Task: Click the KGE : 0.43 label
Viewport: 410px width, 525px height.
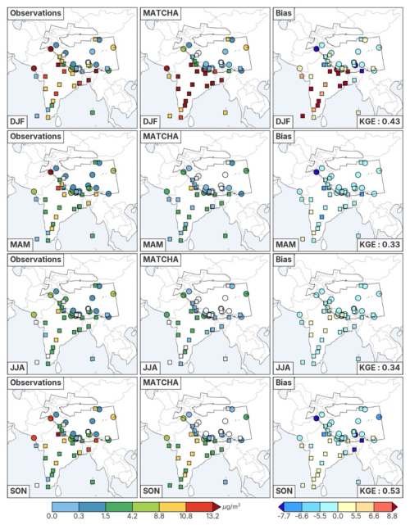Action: (x=380, y=121)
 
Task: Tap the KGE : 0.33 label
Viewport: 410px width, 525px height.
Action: (x=380, y=244)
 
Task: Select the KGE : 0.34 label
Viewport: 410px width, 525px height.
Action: (x=380, y=368)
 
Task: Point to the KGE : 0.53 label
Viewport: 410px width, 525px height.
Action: (x=380, y=491)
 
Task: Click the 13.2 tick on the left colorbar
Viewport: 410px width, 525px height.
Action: (x=212, y=516)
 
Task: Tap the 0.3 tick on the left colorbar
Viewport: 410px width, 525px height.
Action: (x=79, y=516)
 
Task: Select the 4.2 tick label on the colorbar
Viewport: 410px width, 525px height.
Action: (x=132, y=516)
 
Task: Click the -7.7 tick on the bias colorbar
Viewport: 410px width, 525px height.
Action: (x=285, y=516)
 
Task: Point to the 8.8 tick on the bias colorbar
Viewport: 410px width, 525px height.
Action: (x=392, y=516)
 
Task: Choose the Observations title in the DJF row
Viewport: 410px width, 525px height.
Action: (x=35, y=13)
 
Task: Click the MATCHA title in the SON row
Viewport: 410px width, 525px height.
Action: (x=161, y=382)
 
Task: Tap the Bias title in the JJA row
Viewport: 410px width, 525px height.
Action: (x=284, y=259)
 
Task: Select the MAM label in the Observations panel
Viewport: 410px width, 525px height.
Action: (x=20, y=244)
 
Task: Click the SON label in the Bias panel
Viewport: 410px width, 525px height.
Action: (x=284, y=491)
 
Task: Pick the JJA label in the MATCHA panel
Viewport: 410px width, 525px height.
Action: (x=150, y=368)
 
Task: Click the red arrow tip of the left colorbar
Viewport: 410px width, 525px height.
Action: (x=219, y=506)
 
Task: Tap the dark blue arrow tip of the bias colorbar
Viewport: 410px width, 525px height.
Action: (x=279, y=506)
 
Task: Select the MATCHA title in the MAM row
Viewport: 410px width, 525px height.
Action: (x=161, y=136)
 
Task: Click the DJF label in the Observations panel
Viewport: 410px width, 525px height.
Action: (x=17, y=121)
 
